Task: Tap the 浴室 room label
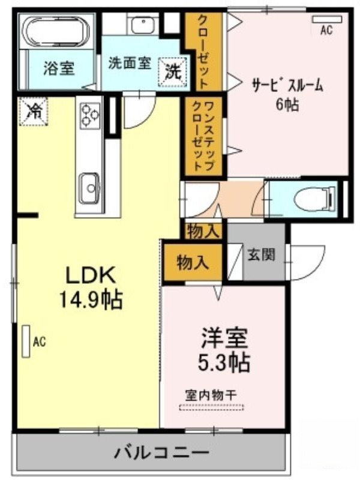(x=59, y=68)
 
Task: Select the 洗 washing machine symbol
(x=172, y=71)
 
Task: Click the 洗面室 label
(x=130, y=63)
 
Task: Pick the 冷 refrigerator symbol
(x=33, y=111)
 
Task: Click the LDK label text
(x=91, y=275)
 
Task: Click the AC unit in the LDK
(x=26, y=341)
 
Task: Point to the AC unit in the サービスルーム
(x=326, y=19)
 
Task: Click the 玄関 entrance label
(x=261, y=254)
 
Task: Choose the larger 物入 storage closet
(x=193, y=262)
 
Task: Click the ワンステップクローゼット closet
(x=203, y=136)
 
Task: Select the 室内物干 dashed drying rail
(x=212, y=407)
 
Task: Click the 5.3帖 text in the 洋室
(x=224, y=362)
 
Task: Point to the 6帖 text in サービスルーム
(x=287, y=105)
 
